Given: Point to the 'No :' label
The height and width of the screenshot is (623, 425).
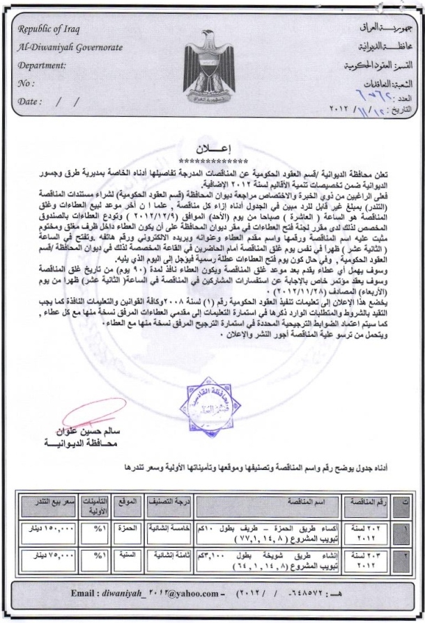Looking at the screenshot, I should pyautogui.click(x=25, y=82).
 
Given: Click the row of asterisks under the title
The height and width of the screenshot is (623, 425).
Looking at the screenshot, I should pyautogui.click(x=211, y=158).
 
